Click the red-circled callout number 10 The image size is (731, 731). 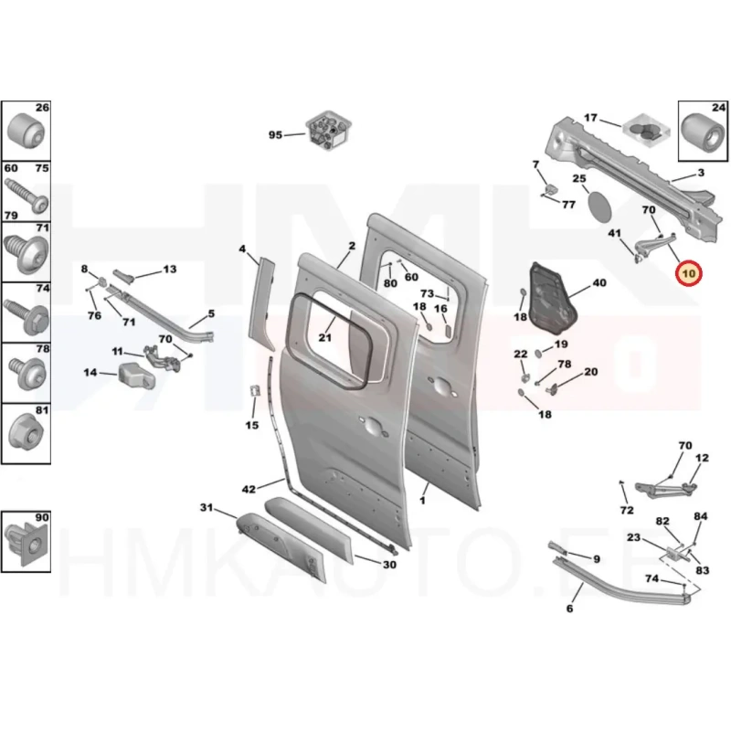(x=688, y=273)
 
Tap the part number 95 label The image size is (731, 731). (x=275, y=134)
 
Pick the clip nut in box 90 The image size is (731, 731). (x=26, y=543)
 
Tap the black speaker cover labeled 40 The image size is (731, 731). (x=553, y=299)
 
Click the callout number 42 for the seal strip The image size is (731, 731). (x=249, y=489)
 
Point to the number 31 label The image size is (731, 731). (x=207, y=507)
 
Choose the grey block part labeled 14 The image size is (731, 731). (x=136, y=376)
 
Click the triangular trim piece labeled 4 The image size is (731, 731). (x=264, y=303)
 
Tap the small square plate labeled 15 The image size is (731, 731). (x=255, y=391)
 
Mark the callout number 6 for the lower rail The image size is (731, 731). (x=569, y=609)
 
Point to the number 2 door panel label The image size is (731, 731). (x=352, y=246)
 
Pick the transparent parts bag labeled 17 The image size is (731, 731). (x=647, y=130)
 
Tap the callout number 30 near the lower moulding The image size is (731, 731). (x=389, y=565)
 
